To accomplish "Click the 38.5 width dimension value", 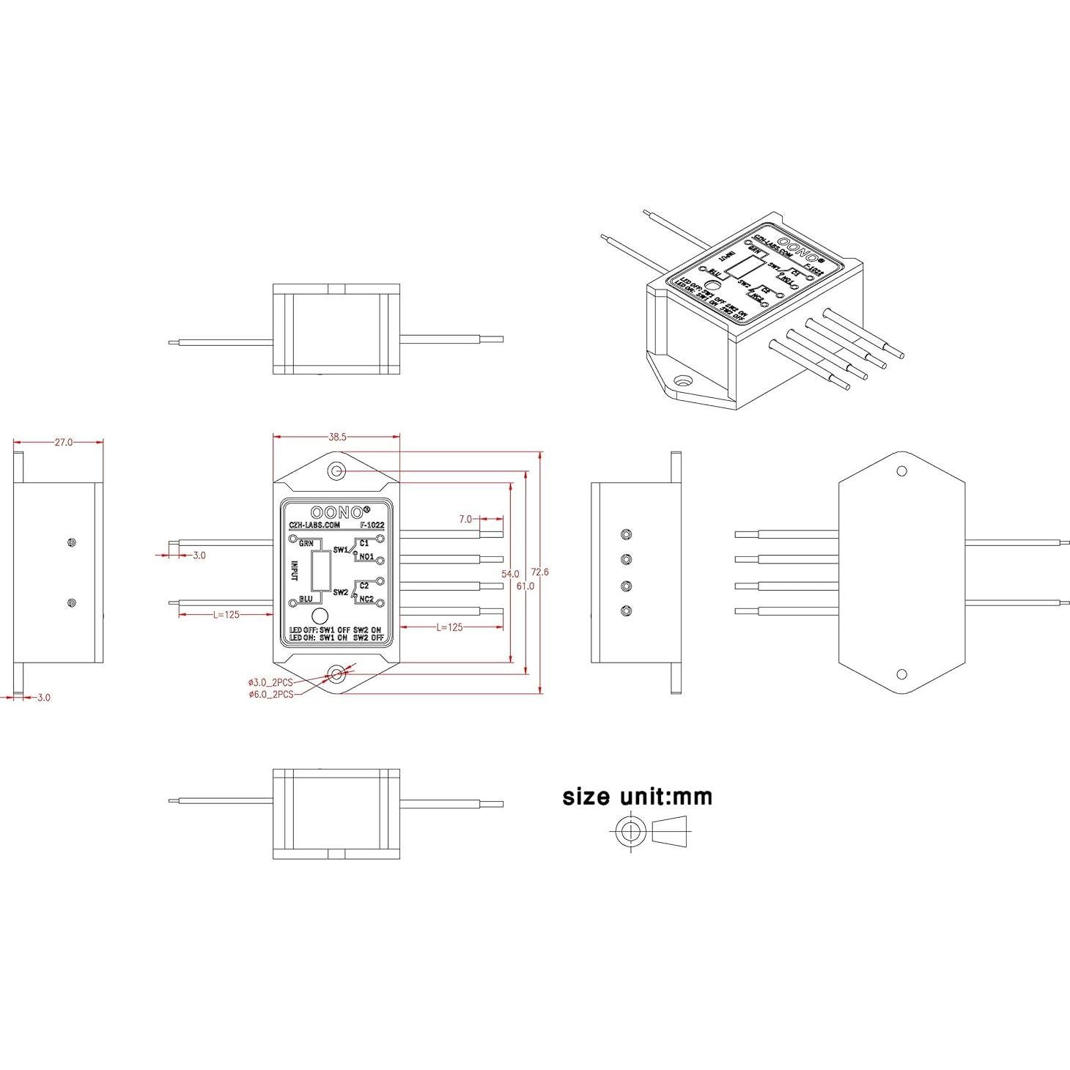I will click(337, 437).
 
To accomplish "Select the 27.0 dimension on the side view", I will click(63, 442).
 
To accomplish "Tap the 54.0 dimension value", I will click(510, 574).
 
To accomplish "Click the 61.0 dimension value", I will click(525, 586).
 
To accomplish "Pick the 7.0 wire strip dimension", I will click(466, 519).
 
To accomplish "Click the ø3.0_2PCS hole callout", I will click(270, 682).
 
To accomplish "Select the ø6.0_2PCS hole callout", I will click(270, 694).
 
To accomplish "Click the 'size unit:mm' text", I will click(637, 797).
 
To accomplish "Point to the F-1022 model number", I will click(372, 525).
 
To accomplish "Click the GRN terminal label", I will click(306, 544).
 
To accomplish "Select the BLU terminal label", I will click(306, 599).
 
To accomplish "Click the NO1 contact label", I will click(366, 557).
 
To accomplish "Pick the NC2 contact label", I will click(366, 599).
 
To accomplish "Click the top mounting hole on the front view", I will click(336, 471).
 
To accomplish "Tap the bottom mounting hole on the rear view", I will click(902, 674).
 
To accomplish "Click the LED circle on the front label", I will click(319, 616).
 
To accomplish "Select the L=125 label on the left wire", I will click(226, 615).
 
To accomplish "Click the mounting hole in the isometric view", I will click(683, 381).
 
